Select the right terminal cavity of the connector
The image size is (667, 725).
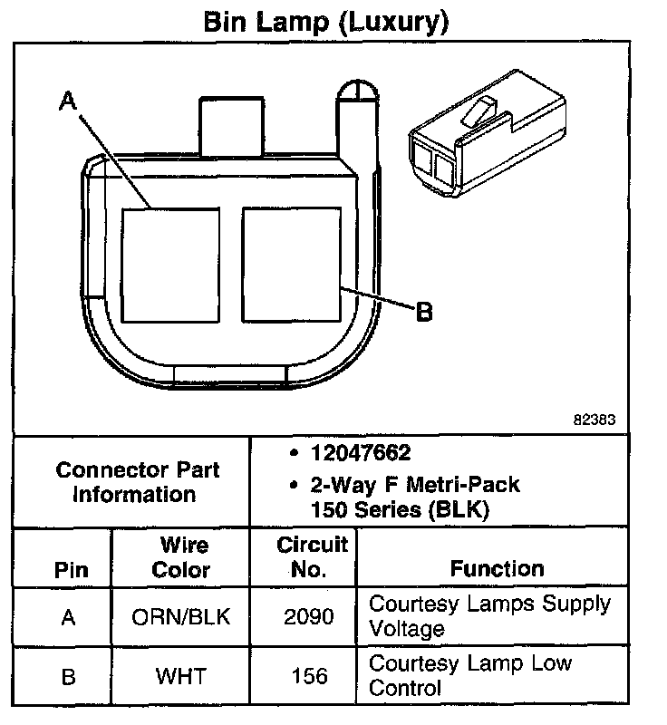coord(292,264)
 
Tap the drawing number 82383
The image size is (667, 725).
coord(594,420)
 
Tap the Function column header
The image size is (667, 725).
coord(497,568)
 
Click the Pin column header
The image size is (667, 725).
coord(71,570)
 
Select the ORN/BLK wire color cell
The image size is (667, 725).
coord(180,617)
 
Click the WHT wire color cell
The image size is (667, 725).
coord(180,676)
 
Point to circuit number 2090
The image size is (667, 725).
coord(309,617)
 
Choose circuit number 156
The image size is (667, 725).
coord(309,676)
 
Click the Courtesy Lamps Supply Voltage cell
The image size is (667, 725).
coord(489,615)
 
